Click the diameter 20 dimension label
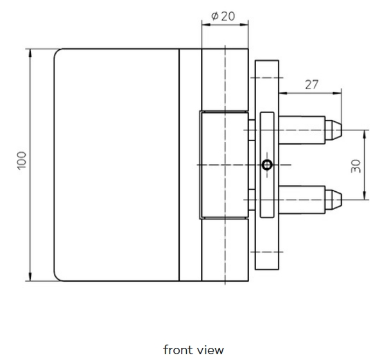tap(223, 16)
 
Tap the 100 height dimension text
tap(22, 160)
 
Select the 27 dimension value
tap(311, 85)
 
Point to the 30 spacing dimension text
tap(356, 166)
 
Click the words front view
tap(193, 350)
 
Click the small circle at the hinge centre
tap(267, 165)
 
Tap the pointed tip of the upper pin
tap(341, 130)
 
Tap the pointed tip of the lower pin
tap(341, 200)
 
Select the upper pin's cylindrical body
tap(302, 130)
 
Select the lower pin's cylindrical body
tap(302, 200)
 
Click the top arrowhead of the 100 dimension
tap(30, 53)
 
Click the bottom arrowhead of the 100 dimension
tap(30, 277)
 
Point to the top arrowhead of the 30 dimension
tap(364, 134)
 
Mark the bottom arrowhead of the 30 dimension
tap(364, 196)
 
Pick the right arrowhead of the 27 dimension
tap(337, 93)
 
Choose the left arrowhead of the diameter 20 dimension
tap(206, 24)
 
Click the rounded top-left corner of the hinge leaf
tap(57, 52)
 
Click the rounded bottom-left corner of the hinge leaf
tap(57, 278)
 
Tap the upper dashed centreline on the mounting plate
tap(267, 78)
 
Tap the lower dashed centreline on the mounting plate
tap(267, 252)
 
